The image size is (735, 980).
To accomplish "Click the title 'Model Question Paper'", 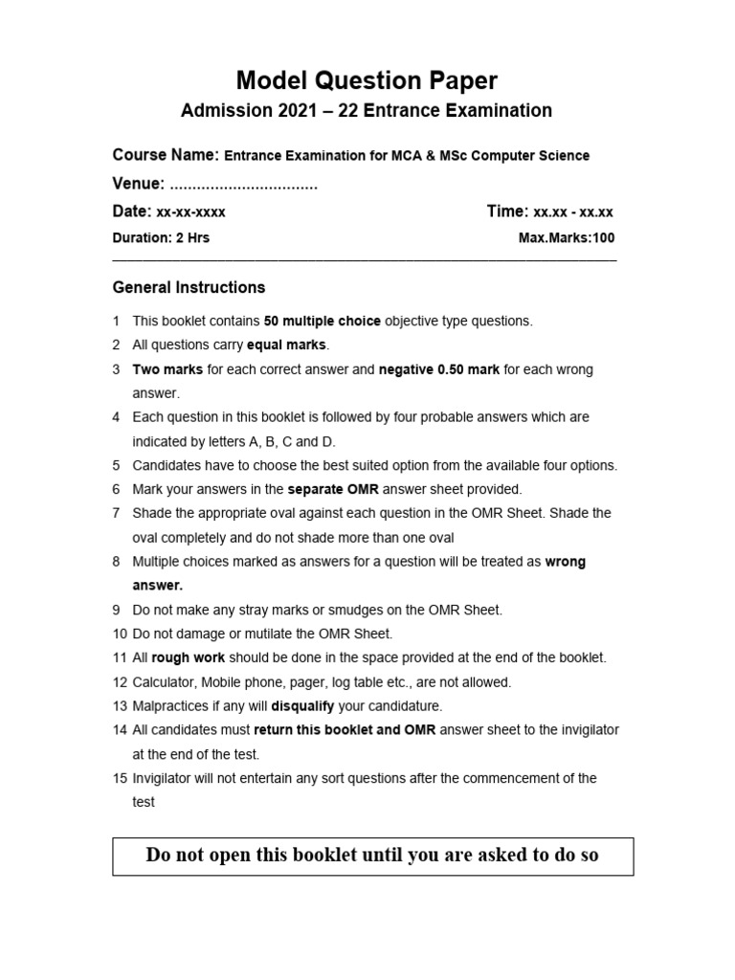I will tap(367, 80).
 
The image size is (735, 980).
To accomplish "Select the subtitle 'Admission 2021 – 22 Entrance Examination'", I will tap(367, 111).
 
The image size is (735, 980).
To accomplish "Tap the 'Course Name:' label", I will tap(166, 155).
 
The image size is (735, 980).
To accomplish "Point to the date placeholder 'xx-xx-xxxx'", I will tap(190, 212).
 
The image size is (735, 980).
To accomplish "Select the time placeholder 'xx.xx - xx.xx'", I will tap(573, 212).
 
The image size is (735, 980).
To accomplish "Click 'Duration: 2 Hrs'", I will tap(161, 238).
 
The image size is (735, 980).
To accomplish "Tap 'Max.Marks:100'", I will tap(568, 238).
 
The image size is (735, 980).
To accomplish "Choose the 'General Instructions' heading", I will tap(189, 287).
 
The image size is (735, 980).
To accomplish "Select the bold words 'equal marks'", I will tap(286, 345).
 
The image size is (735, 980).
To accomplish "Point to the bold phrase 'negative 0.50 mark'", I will tap(439, 369).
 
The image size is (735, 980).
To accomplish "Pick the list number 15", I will tap(120, 778).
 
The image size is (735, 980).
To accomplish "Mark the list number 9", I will tap(117, 610).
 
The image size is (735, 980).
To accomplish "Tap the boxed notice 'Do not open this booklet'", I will tap(372, 855).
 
